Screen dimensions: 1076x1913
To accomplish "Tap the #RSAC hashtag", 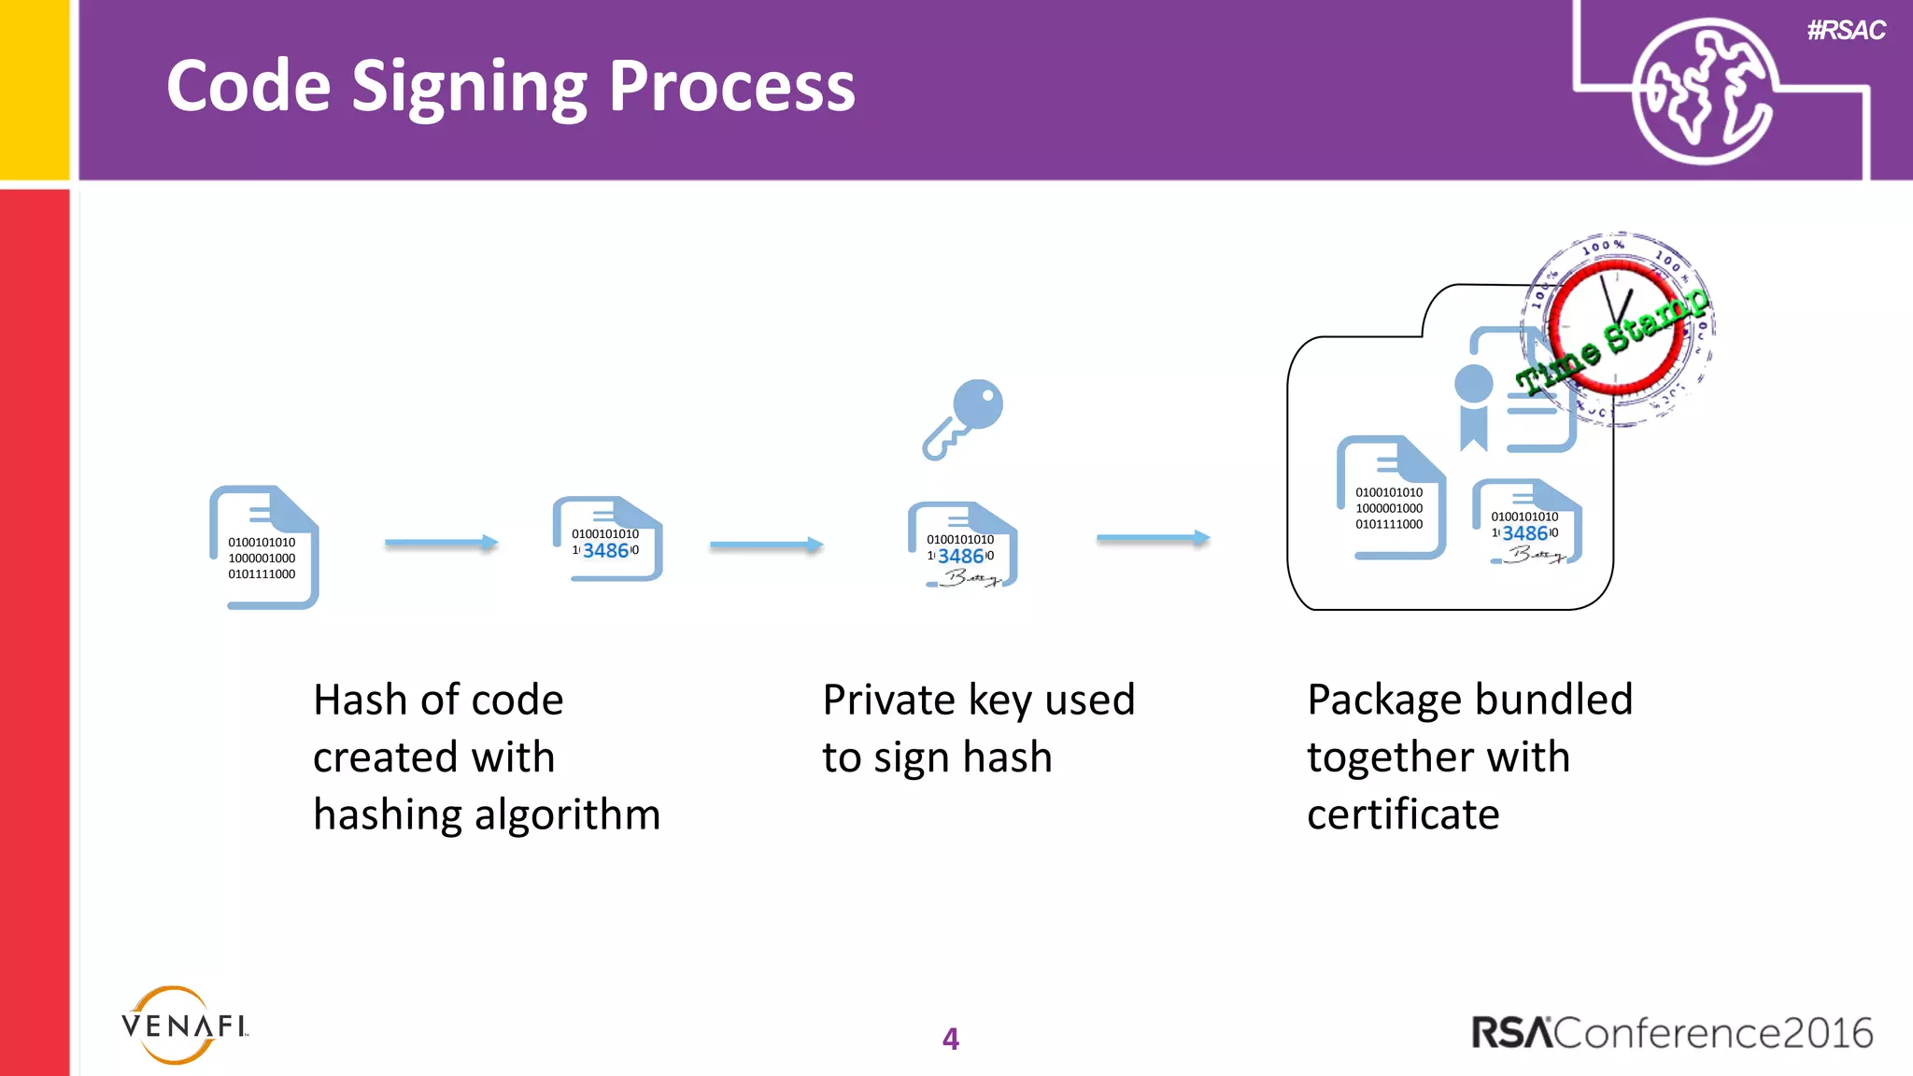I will click(1846, 31).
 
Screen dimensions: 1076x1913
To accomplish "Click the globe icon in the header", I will click(1702, 92).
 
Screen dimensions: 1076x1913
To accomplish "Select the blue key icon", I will click(964, 418).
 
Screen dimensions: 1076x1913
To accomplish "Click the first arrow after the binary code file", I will click(441, 543).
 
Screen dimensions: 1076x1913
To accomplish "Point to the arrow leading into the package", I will click(1153, 538).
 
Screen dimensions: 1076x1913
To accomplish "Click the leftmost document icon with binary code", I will click(264, 547).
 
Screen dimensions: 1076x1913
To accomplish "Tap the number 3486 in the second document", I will click(605, 551).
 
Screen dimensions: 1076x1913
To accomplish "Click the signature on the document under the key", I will click(971, 578).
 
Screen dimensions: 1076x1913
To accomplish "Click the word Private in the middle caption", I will click(887, 700).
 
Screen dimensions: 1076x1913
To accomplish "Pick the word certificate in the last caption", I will click(1403, 814).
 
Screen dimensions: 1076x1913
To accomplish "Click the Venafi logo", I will click(184, 1026).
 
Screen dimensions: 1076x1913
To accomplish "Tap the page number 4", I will click(951, 1039).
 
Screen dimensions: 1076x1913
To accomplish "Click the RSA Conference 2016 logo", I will click(1672, 1033).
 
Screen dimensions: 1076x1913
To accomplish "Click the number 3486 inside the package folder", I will click(1524, 533).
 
